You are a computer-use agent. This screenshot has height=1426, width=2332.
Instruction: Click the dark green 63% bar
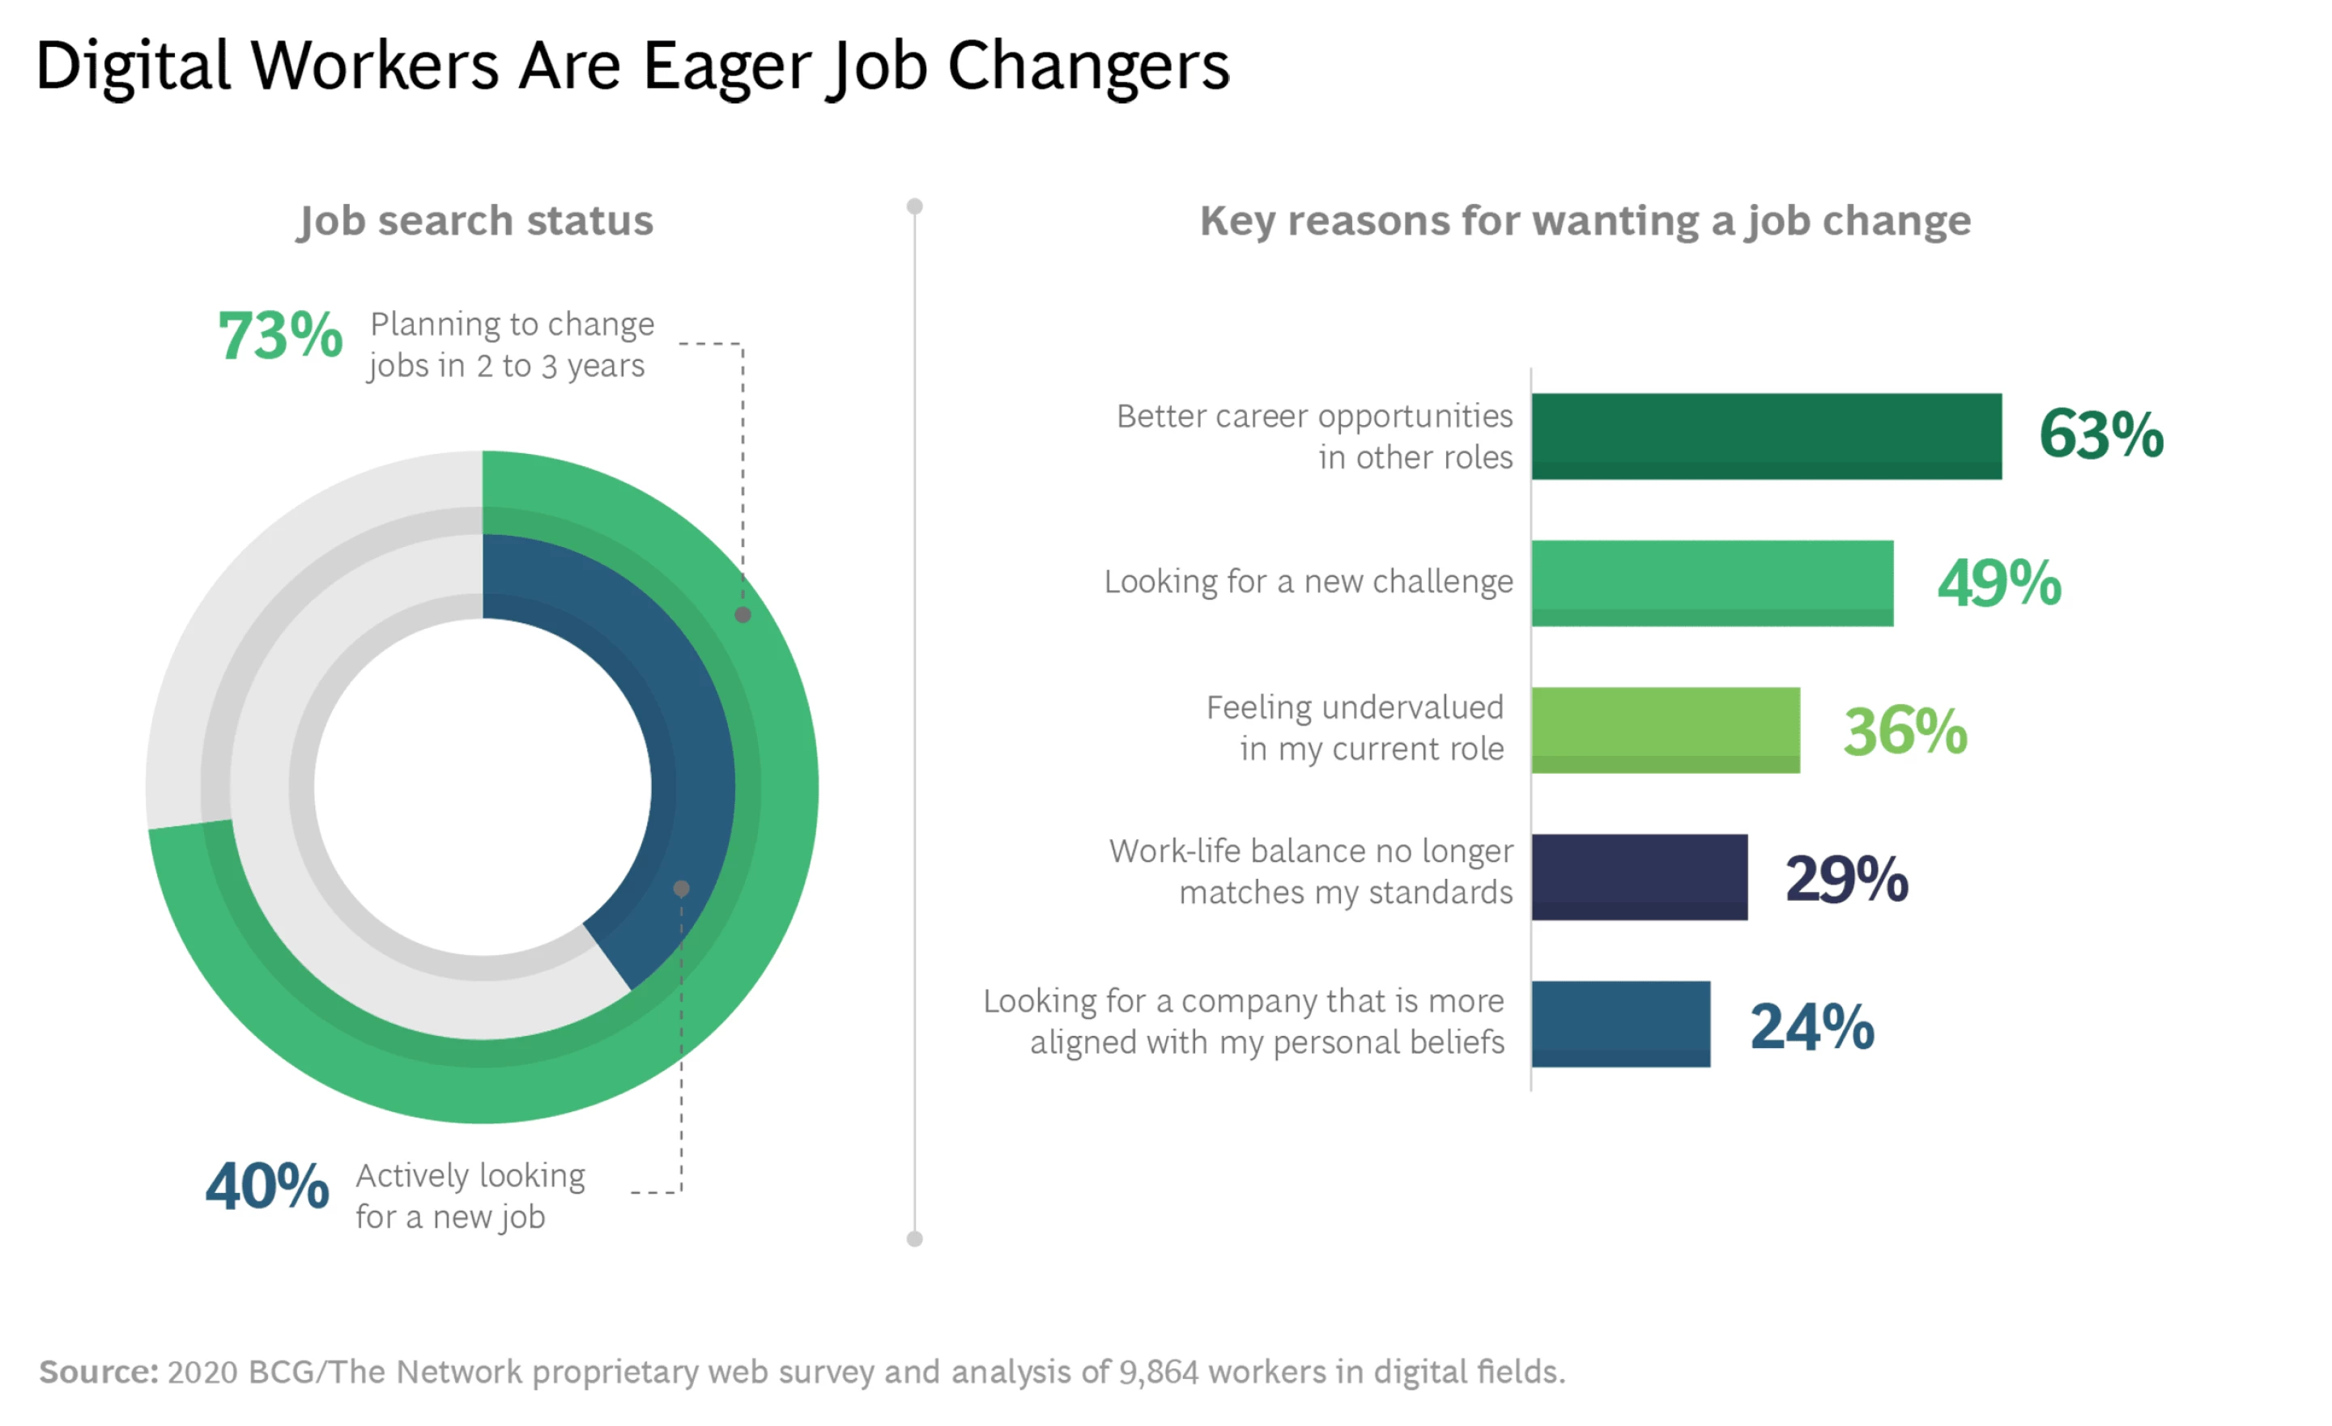[x=1765, y=436]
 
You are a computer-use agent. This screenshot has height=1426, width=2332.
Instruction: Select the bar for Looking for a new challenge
[x=1711, y=583]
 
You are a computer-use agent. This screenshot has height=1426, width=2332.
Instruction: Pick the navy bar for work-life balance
[x=1638, y=876]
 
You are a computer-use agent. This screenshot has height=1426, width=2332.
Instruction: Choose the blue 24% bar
[x=1619, y=1024]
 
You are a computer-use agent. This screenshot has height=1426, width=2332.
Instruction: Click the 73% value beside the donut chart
[x=280, y=336]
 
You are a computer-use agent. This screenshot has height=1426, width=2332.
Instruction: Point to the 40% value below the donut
[x=267, y=1186]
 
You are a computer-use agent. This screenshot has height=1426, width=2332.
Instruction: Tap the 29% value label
[x=1845, y=878]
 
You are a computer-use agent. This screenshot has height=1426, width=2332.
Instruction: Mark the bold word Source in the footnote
[x=97, y=1371]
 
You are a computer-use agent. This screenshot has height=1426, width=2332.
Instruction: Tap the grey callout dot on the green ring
[x=743, y=615]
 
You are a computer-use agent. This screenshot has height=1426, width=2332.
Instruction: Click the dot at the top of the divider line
[x=914, y=206]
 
